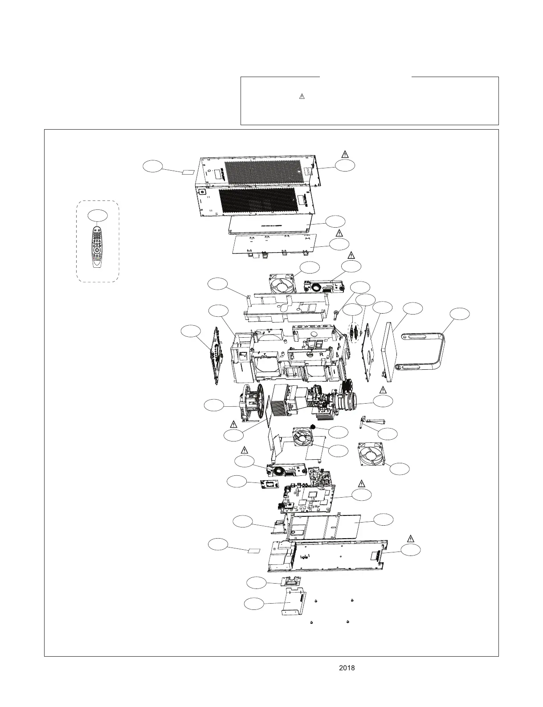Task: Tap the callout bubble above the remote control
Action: click(97, 215)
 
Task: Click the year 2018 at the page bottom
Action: click(347, 668)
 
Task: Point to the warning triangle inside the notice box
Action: click(301, 96)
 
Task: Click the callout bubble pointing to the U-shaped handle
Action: click(459, 313)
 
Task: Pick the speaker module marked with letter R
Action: click(285, 470)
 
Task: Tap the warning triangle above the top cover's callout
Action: click(345, 154)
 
